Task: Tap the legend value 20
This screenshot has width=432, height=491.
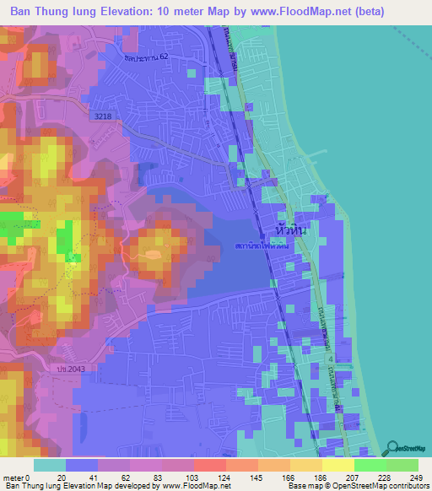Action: pos(62,478)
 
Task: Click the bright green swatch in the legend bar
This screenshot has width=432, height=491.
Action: pos(370,465)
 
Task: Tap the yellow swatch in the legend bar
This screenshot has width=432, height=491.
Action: pos(337,465)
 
